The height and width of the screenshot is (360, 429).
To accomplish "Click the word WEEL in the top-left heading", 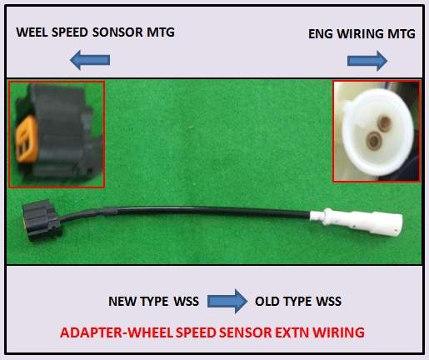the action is (x=32, y=32).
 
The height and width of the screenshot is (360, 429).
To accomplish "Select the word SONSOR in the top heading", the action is (x=117, y=32).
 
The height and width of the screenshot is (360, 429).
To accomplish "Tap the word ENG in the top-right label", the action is (x=321, y=34).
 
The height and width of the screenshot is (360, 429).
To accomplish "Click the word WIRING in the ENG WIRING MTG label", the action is (x=361, y=34).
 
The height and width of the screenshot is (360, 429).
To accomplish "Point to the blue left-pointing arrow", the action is (x=90, y=60).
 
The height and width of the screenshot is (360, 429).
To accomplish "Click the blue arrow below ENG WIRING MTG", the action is (x=367, y=61).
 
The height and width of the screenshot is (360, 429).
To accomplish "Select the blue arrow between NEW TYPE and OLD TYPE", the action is (x=227, y=301).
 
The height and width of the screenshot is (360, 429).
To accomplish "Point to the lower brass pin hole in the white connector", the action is (x=373, y=139).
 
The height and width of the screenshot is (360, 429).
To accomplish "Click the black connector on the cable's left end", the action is (x=41, y=220).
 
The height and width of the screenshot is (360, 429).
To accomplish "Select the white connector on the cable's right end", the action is (x=356, y=219).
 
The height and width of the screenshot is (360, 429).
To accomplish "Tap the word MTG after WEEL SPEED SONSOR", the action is (x=161, y=32).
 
